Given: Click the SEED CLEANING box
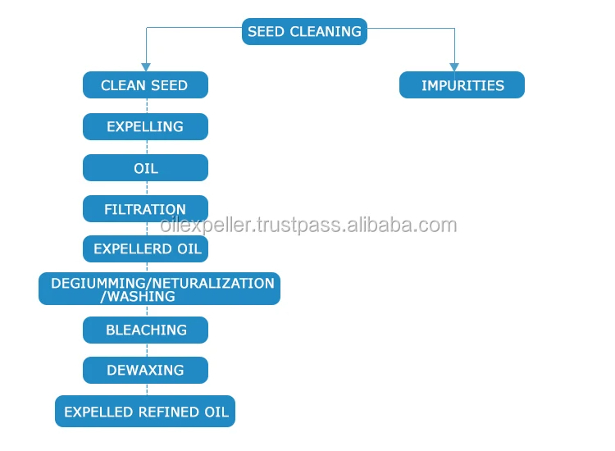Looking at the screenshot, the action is point(304,32).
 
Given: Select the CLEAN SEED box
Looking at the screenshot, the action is point(145,85).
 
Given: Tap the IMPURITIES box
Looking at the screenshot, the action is point(462,85).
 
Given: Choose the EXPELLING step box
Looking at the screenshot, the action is point(145,126).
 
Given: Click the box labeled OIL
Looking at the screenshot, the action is point(145,168).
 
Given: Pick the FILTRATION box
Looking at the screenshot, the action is point(145,209).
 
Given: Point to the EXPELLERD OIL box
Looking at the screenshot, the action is point(145,248).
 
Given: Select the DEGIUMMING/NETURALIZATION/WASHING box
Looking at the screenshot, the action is point(159,289).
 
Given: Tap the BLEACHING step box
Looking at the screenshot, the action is point(145,330).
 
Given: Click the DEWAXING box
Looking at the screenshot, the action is point(145,370).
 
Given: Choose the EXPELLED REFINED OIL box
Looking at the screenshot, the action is point(145,411).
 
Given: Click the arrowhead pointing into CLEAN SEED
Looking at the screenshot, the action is point(146,66).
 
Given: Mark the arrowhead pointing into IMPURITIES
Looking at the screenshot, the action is point(454,66).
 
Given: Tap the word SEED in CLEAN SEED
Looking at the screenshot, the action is point(168,85).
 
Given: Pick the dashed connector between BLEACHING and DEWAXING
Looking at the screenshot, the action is point(147,350).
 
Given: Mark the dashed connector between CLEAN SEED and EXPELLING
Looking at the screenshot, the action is point(147,106).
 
